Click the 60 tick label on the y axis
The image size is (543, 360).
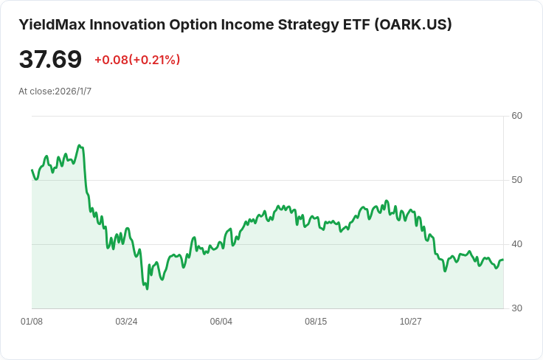(516, 116)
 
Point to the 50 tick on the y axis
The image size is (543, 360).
(516, 180)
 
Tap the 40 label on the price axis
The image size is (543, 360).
(516, 244)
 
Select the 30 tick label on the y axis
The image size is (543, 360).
(516, 308)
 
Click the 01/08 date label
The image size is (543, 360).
(32, 322)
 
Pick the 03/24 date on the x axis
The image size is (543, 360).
(126, 322)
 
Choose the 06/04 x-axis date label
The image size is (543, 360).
(221, 322)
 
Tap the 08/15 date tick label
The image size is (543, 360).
(316, 322)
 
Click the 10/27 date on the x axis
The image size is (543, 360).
(410, 322)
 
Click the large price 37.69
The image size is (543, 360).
(50, 60)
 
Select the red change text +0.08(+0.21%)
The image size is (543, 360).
(137, 60)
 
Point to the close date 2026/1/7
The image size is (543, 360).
(73, 91)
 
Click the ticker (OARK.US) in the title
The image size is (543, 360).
(413, 24)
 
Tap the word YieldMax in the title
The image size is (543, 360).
(50, 24)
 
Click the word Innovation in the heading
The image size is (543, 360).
(125, 24)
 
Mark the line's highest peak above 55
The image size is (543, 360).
(79, 145)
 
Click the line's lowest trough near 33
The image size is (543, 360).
(147, 288)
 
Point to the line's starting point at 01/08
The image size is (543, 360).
(32, 170)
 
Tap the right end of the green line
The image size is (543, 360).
(503, 260)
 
